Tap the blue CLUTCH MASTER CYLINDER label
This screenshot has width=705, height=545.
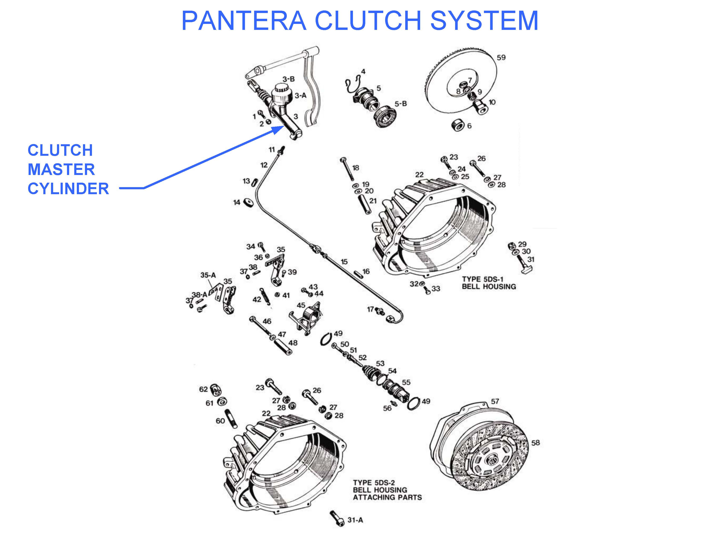(68, 169)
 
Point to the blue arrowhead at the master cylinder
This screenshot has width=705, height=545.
(278, 130)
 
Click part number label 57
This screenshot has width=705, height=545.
(495, 401)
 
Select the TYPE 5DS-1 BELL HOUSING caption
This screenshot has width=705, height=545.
(489, 283)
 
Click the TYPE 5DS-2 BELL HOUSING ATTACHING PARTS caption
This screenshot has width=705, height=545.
(387, 490)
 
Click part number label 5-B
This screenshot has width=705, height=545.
(400, 104)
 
